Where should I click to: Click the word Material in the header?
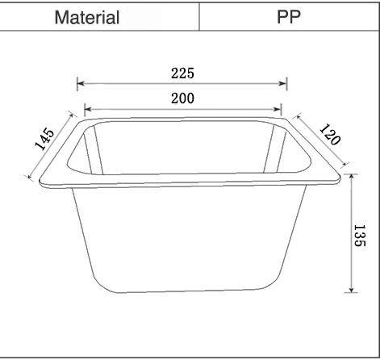click(x=87, y=17)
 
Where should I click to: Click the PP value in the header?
click(x=288, y=17)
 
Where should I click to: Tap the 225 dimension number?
click(x=182, y=73)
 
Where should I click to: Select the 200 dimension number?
click(x=182, y=98)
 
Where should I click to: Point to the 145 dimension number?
click(x=45, y=139)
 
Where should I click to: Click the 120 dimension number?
click(x=329, y=134)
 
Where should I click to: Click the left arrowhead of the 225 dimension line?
click(x=79, y=82)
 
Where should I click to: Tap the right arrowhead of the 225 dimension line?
click(x=285, y=82)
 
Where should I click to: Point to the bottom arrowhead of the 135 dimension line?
click(x=351, y=291)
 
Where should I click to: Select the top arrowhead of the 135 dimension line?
click(x=351, y=175)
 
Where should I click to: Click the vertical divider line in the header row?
click(x=199, y=17)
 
